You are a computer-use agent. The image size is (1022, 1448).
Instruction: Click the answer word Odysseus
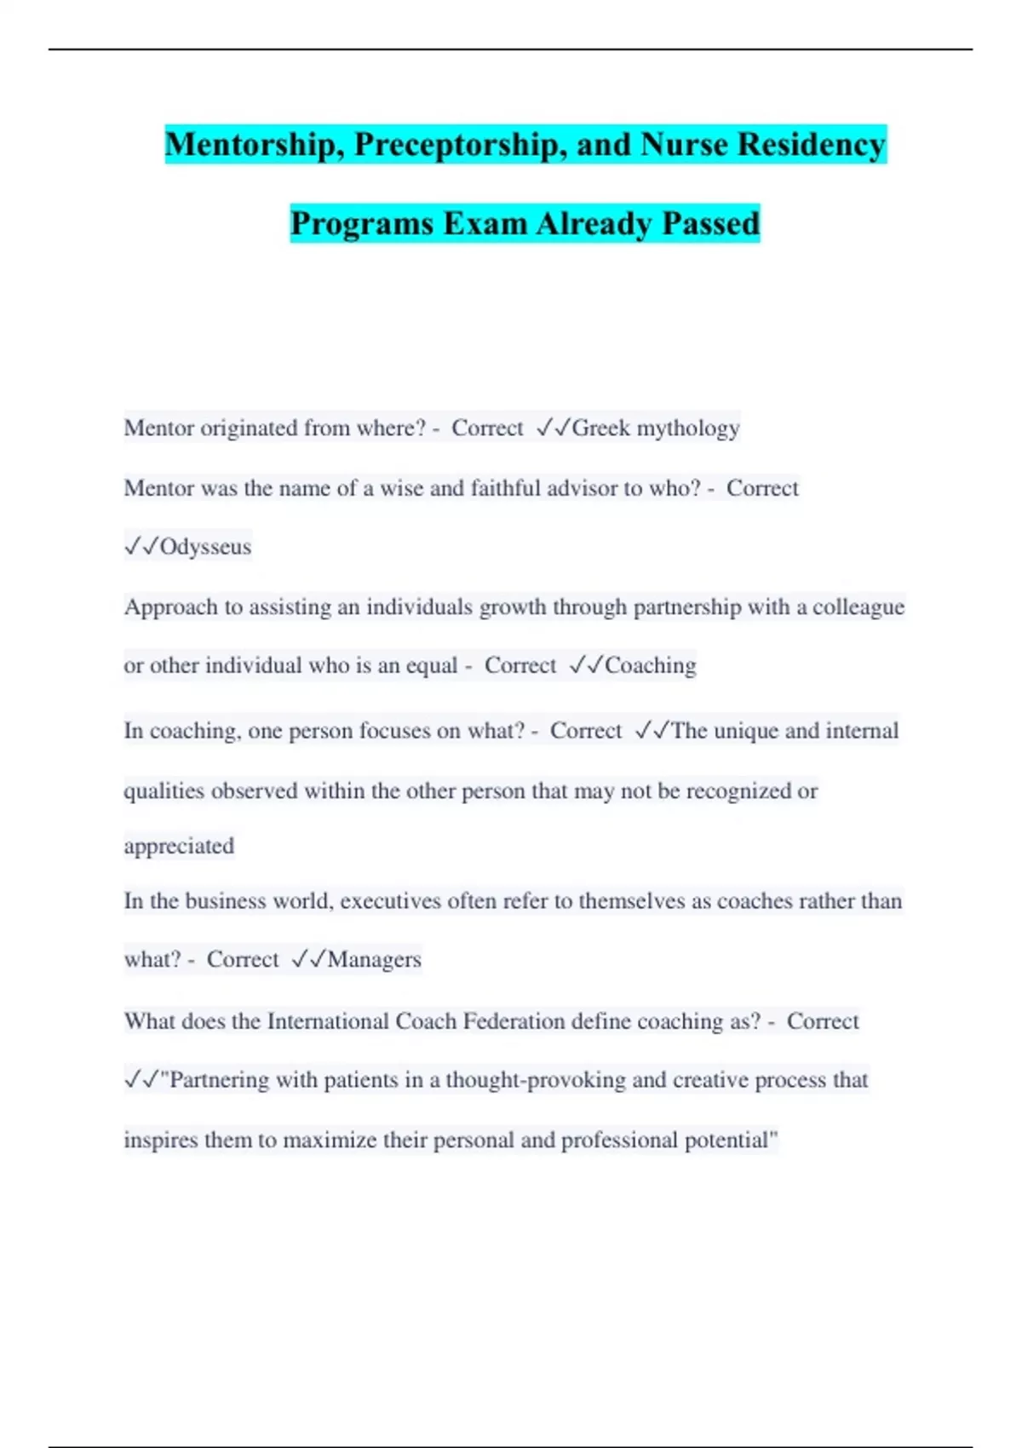tap(205, 547)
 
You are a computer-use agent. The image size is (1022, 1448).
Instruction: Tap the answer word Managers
tap(374, 960)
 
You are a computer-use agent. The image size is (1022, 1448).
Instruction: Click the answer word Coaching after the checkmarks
tap(650, 665)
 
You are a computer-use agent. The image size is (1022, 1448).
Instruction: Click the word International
tap(328, 1021)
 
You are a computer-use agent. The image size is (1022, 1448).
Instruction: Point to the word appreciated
tap(179, 846)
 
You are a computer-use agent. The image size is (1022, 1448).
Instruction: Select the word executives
tap(390, 901)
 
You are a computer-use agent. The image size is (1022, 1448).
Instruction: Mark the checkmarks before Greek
tap(553, 428)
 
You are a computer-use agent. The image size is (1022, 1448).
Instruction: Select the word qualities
tap(164, 791)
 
